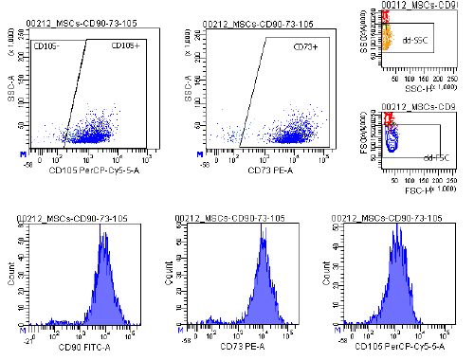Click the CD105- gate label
47,45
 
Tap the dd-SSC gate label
412,41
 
